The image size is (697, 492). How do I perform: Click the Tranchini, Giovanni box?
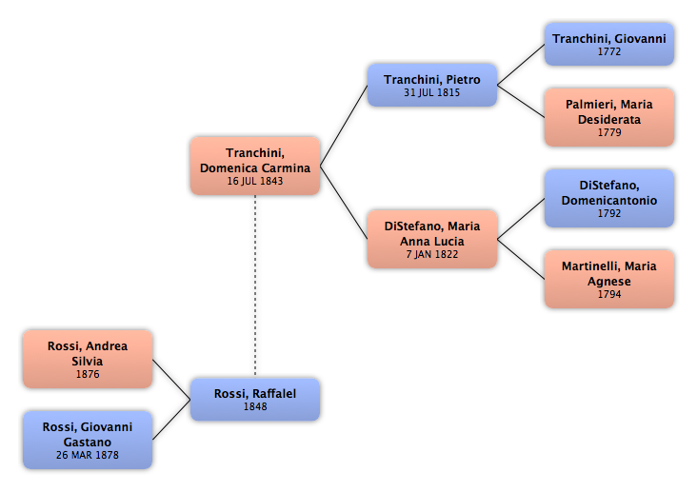(x=609, y=45)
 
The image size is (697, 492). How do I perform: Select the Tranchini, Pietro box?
(x=432, y=85)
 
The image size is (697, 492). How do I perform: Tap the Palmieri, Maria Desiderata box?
(x=609, y=117)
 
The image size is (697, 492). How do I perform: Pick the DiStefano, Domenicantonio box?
(x=609, y=198)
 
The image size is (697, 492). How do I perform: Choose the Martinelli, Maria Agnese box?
(x=609, y=279)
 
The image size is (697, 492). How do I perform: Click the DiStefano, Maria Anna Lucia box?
(x=432, y=239)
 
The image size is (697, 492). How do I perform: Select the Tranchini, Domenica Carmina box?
(x=255, y=166)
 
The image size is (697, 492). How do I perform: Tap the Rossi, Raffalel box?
(x=255, y=400)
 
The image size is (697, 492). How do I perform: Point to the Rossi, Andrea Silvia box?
(x=88, y=359)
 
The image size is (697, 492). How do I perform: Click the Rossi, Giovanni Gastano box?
(x=88, y=440)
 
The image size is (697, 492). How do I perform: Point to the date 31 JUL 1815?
(x=432, y=92)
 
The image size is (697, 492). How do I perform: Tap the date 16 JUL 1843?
(x=255, y=181)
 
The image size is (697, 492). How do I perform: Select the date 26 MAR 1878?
(x=88, y=455)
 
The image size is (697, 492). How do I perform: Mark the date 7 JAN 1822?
(x=432, y=254)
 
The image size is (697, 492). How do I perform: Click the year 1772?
(x=609, y=51)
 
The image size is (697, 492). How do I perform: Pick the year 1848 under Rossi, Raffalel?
(x=255, y=406)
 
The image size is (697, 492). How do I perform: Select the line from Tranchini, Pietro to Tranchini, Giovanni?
(x=521, y=65)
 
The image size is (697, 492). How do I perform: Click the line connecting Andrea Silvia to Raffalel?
(x=171, y=380)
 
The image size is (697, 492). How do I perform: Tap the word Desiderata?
(x=609, y=120)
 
